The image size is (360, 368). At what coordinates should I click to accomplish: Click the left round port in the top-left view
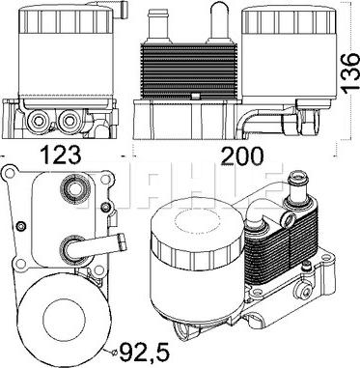(x=40, y=122)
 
